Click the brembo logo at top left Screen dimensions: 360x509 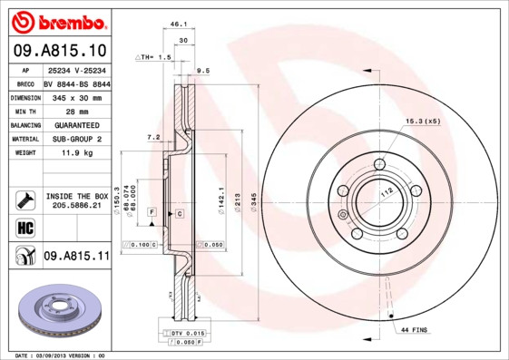[56, 21]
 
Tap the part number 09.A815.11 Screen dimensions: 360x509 [76, 257]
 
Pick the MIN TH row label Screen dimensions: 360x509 [24, 110]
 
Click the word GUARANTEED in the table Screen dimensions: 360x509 [71, 124]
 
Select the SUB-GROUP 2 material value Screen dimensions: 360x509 [71, 139]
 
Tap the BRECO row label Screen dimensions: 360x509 [24, 83]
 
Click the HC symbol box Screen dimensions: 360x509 [24, 227]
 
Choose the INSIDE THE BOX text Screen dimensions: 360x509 [76, 196]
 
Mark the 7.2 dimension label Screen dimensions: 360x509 [154, 138]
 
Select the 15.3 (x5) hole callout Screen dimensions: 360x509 [423, 122]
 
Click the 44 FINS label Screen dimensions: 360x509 [414, 331]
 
